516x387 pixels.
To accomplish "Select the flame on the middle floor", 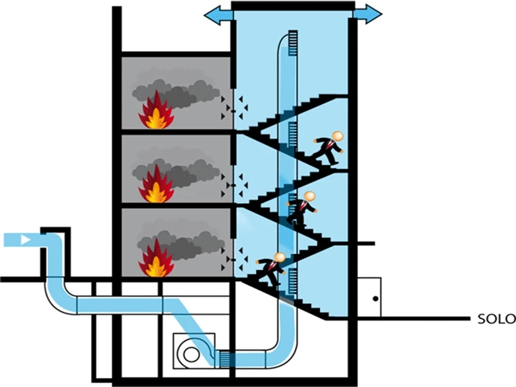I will tap(155, 186).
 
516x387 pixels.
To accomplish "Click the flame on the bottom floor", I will tap(155, 260).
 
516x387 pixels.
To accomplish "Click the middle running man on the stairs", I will tap(302, 208).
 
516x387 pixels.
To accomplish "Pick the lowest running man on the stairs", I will tap(271, 268).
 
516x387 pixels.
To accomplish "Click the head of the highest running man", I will tap(337, 137).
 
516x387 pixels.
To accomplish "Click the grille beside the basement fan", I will tap(225, 357).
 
